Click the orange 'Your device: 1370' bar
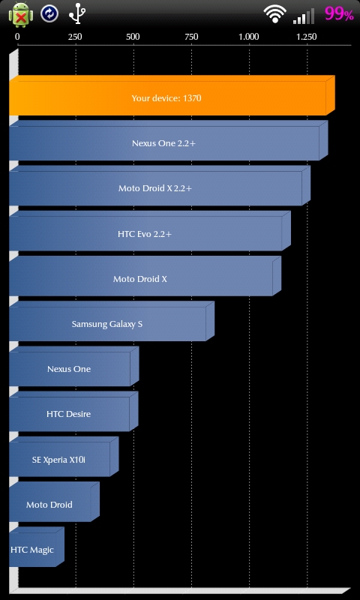click(x=172, y=95)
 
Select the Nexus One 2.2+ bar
click(x=168, y=140)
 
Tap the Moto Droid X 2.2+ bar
click(x=160, y=185)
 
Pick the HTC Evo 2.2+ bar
click(x=149, y=231)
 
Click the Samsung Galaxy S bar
click(x=112, y=321)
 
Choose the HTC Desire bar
click(x=73, y=411)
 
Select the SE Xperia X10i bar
click(x=64, y=457)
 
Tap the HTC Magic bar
click(x=36, y=547)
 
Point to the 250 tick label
click(x=75, y=37)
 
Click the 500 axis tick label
click(x=133, y=37)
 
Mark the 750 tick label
click(x=191, y=37)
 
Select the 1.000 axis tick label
click(x=249, y=37)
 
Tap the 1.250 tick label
click(x=307, y=37)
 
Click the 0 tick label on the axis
click(x=17, y=37)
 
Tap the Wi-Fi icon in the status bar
click(x=274, y=14)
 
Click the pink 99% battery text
click(x=339, y=13)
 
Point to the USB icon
click(x=77, y=13)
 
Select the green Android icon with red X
click(x=21, y=14)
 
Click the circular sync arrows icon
click(x=49, y=13)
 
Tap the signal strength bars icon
click(x=304, y=16)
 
